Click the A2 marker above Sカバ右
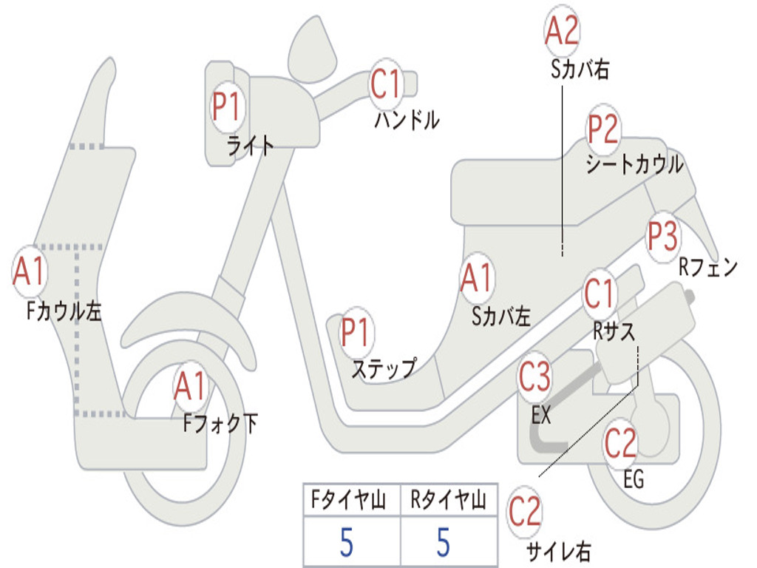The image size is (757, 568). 562,30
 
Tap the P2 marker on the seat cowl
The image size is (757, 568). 603,128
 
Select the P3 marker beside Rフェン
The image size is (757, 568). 663,236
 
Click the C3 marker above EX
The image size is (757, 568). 534,376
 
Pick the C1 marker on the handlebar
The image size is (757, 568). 386,84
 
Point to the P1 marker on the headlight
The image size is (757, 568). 226,106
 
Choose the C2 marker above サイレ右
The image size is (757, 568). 525,512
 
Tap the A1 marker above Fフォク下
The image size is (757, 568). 191,385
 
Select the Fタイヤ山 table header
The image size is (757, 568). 349,499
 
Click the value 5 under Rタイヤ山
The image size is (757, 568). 444,542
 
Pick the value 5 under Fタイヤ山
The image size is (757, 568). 346,542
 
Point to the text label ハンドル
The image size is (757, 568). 407,119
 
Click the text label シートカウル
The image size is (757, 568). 635,164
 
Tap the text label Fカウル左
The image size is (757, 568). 64,311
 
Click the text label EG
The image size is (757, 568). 634,479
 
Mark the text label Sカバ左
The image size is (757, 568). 501,317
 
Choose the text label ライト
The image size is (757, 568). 250,145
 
